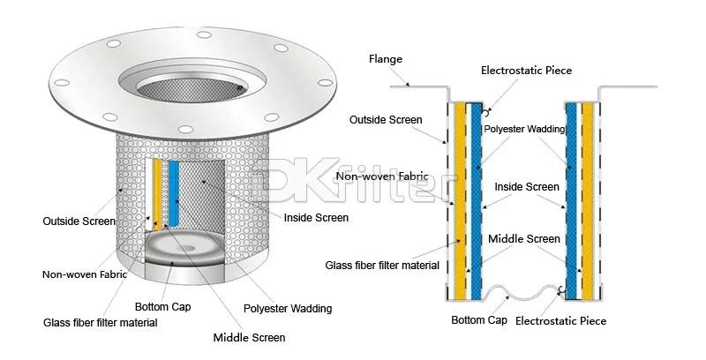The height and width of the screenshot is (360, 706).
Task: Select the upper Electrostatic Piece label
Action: point(525,69)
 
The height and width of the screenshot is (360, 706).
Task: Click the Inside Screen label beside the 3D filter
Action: point(315,217)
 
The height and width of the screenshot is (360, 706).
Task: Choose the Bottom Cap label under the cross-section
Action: point(477,319)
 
